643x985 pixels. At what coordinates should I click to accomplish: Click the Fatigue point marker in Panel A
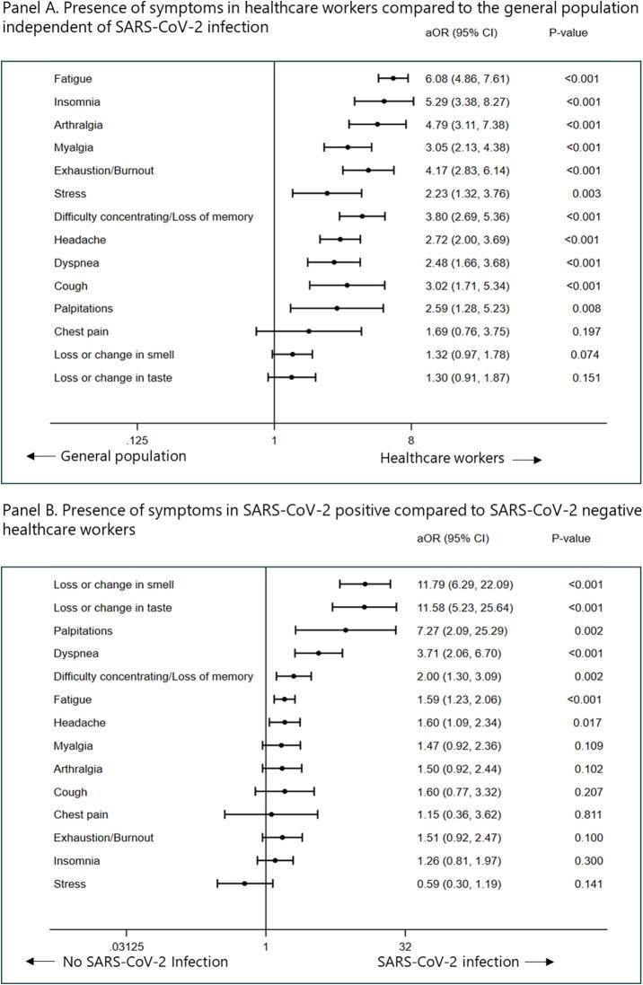(x=392, y=78)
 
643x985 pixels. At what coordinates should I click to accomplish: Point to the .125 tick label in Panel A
(x=138, y=440)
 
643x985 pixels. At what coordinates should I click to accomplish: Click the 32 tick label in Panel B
(x=405, y=946)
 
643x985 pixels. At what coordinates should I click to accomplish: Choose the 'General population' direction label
(x=123, y=456)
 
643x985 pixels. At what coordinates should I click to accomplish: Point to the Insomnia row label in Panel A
(x=76, y=101)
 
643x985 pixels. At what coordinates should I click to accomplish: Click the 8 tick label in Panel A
(x=411, y=440)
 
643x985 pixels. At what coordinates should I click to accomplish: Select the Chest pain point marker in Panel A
(x=309, y=331)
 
